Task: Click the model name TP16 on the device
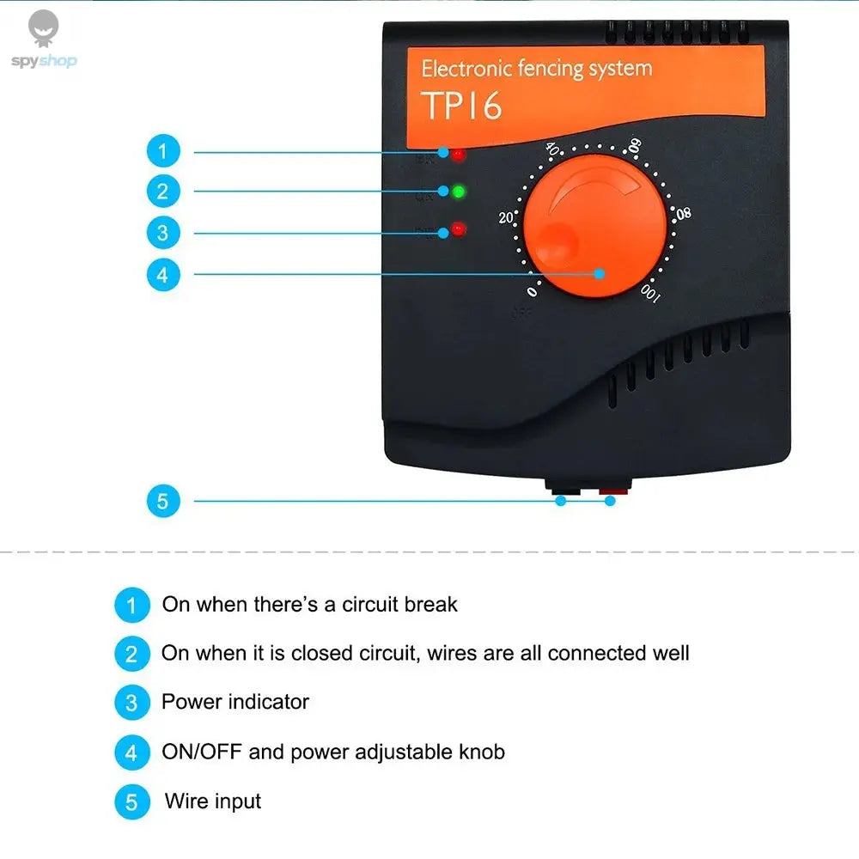pos(461,106)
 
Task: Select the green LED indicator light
pos(459,191)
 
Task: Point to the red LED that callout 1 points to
pos(459,155)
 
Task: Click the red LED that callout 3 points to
pos(458,229)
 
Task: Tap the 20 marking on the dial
pos(506,217)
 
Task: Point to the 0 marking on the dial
pos(533,292)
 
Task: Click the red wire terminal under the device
pos(612,493)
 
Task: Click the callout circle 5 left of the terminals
pos(163,500)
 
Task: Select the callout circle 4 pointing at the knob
pos(163,275)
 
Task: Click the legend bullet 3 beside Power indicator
pos(131,703)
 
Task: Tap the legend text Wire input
pos(213,802)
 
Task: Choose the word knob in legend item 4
pos(481,752)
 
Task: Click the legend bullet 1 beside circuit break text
pos(131,605)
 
